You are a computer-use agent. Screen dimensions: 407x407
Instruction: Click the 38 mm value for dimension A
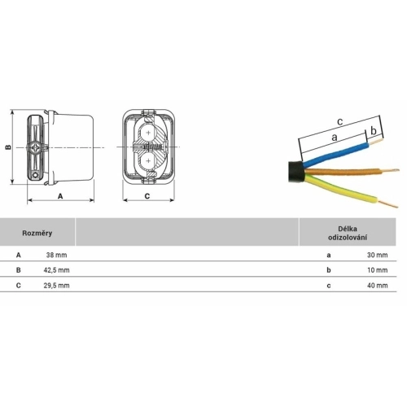56,255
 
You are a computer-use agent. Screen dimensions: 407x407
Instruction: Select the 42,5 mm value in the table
56,270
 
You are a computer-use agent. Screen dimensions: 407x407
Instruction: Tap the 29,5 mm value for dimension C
56,286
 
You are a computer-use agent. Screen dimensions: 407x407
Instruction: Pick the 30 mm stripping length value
378,255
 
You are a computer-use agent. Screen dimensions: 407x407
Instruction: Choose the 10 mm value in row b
378,270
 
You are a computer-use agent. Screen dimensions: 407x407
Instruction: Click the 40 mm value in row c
378,286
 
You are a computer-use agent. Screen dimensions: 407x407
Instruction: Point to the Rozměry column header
37,233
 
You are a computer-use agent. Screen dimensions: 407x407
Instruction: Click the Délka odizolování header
348,233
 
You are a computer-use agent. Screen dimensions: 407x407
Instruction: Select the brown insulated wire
343,172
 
